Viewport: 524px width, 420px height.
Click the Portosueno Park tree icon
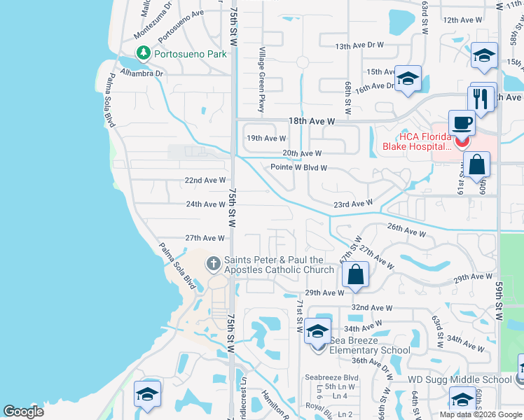tap(144, 52)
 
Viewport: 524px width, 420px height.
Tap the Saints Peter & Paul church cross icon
tap(214, 264)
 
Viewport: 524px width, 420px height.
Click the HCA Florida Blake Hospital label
tap(416, 141)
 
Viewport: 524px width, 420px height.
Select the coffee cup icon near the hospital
tap(461, 123)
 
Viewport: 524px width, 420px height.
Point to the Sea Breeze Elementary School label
tap(369, 344)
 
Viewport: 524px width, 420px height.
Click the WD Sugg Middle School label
tap(460, 379)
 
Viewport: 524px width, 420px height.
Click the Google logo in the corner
tap(23, 412)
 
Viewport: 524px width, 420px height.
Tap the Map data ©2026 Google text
tap(480, 414)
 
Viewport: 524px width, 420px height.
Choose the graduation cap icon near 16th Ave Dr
tap(407, 78)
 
